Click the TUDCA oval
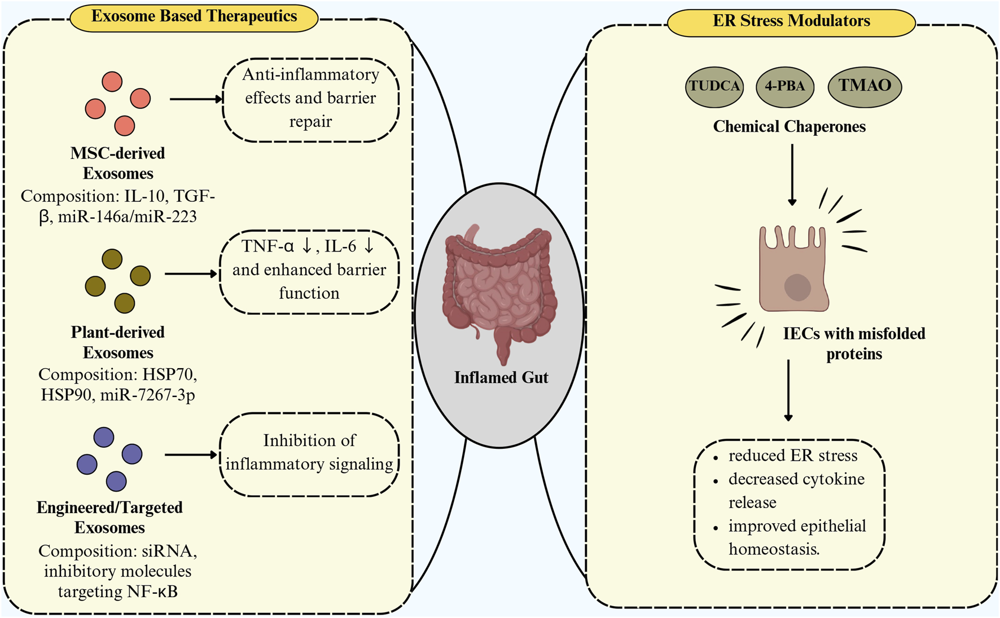tap(714, 86)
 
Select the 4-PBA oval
tap(784, 86)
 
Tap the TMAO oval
tap(864, 86)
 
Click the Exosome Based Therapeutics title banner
tap(194, 16)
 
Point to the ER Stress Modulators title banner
tap(791, 21)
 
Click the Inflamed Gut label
tap(501, 377)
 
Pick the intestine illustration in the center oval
tap(499, 288)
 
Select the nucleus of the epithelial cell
tap(797, 287)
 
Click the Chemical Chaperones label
tap(789, 126)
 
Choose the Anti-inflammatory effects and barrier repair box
tap(310, 99)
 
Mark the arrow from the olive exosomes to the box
tap(191, 274)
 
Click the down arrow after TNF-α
tap(307, 246)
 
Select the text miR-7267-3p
tap(147, 395)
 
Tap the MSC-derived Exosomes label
tap(117, 163)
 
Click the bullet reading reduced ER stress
tap(792, 456)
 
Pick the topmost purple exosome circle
tap(104, 437)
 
